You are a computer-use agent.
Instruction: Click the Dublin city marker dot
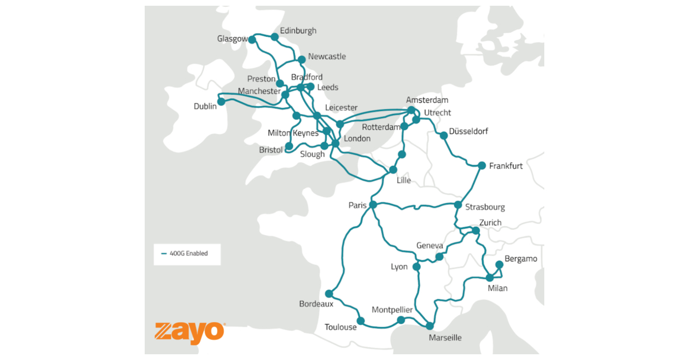click(221, 101)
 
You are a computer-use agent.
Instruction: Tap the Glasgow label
click(232, 39)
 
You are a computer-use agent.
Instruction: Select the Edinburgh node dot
click(274, 37)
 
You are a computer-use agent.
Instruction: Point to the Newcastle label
click(327, 56)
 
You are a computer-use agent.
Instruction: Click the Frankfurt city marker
click(482, 165)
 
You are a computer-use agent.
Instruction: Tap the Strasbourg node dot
click(458, 204)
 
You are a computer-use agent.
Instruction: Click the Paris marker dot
click(373, 204)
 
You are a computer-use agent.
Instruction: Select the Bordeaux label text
click(316, 304)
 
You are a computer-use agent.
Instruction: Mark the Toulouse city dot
click(361, 320)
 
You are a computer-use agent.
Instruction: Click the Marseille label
click(445, 338)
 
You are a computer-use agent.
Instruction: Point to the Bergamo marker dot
click(500, 265)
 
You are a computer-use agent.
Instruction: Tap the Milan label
click(497, 288)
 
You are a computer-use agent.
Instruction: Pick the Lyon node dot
click(416, 267)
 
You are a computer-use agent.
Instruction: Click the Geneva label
click(430, 246)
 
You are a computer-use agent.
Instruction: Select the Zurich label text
click(490, 223)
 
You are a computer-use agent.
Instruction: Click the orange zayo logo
click(189, 332)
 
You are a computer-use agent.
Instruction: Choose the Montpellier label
click(392, 309)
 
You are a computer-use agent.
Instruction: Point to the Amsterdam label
click(427, 100)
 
